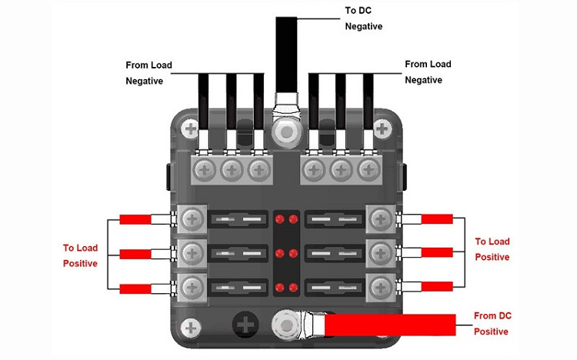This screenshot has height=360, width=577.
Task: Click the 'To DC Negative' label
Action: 364,18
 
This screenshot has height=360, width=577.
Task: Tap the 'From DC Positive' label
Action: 492,324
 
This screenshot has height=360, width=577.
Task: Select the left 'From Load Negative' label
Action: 148,73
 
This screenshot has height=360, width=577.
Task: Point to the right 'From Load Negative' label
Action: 428,72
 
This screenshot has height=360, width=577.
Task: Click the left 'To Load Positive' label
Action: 80,255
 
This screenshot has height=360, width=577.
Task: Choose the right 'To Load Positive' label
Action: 492,249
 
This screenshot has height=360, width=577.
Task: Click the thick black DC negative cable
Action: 286,55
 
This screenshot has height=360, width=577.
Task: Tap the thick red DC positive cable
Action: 390,325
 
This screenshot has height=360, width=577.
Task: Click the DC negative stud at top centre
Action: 287,132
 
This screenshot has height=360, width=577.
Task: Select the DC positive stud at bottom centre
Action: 286,325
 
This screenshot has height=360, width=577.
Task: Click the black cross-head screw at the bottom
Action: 245,325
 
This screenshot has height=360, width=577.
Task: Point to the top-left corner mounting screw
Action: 191,128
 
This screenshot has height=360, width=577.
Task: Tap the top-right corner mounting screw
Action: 382,128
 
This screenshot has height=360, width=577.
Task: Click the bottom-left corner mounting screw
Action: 191,328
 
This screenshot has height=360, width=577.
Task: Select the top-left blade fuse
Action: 238,219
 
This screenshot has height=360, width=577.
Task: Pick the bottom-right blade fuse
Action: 335,288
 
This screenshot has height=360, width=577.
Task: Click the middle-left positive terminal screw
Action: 192,253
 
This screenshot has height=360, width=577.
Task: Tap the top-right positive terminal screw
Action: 381,219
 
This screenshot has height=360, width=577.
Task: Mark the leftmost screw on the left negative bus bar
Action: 204,170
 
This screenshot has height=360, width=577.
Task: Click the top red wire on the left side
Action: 135,219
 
